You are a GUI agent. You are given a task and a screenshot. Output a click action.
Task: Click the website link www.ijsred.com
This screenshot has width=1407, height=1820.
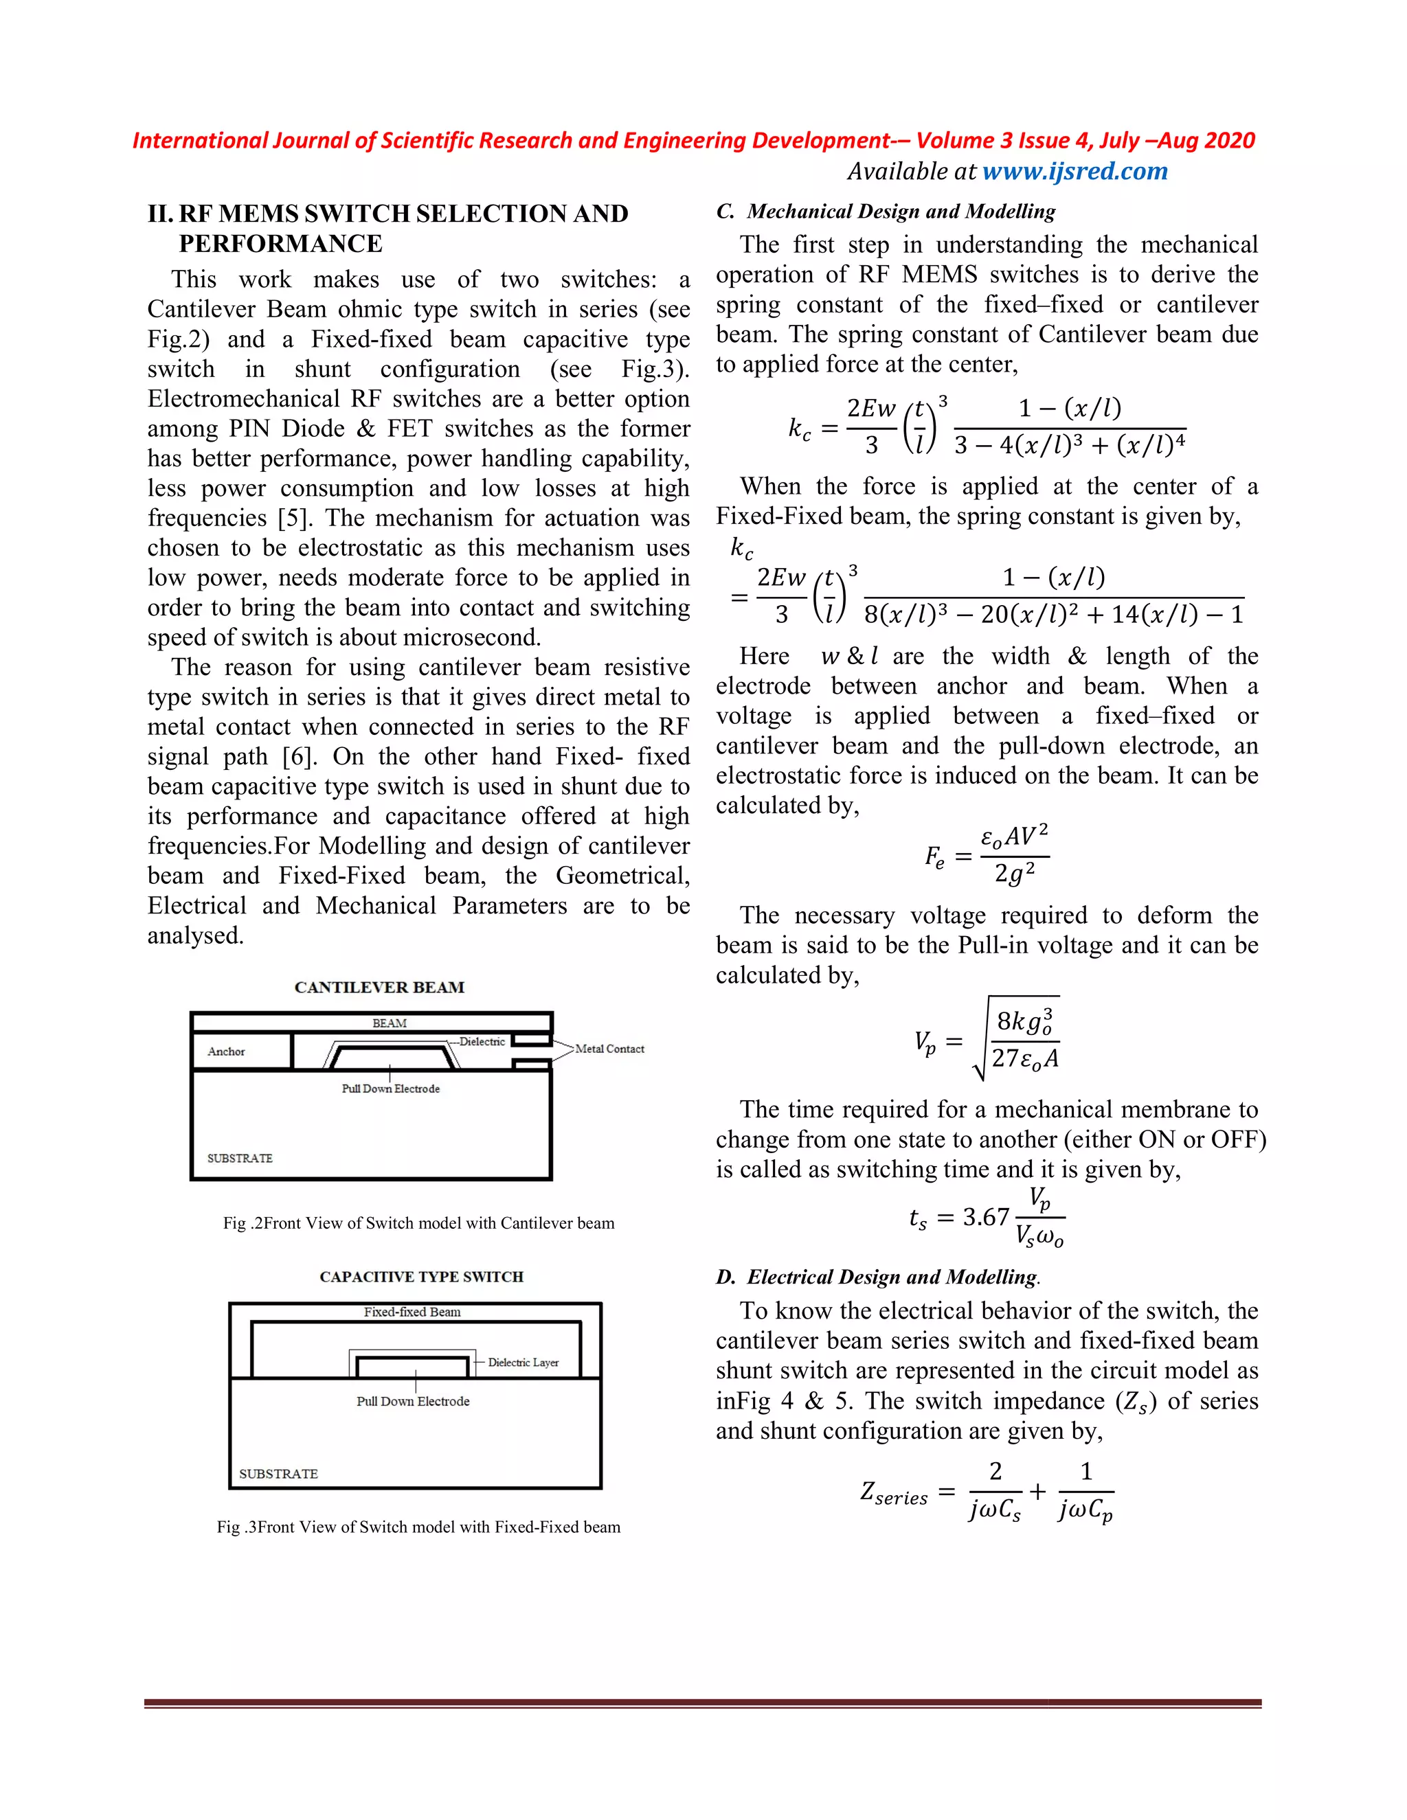point(1074,172)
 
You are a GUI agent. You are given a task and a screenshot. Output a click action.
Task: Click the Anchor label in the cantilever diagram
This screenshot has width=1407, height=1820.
point(226,1051)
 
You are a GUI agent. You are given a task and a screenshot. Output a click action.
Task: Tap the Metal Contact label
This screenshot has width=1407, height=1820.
point(609,1049)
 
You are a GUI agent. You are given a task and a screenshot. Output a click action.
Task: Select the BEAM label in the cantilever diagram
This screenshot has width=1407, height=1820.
point(390,1023)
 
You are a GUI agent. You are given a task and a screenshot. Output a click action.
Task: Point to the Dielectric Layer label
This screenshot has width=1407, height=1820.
point(523,1363)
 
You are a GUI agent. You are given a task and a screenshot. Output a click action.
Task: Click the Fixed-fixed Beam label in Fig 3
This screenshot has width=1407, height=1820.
point(412,1312)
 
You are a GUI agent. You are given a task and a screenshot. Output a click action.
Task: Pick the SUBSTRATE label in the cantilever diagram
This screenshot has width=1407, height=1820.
point(240,1159)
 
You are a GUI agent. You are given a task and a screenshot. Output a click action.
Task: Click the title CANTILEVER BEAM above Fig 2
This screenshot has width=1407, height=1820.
point(379,988)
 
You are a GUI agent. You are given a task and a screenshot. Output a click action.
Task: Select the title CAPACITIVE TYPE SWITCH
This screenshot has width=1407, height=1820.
point(421,1277)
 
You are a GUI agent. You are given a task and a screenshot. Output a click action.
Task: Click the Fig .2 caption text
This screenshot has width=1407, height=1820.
point(418,1223)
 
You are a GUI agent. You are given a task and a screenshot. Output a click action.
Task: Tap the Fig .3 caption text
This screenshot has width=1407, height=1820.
point(418,1527)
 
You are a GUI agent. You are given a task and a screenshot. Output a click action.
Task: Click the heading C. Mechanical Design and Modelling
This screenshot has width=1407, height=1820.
point(886,212)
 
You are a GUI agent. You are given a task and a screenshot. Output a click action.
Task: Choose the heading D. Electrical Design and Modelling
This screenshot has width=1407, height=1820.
point(878,1277)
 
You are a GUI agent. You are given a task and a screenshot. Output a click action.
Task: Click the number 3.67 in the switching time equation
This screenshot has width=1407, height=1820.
point(986,1218)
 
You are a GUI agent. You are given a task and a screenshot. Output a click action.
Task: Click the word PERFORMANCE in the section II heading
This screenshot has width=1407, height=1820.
point(280,244)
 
